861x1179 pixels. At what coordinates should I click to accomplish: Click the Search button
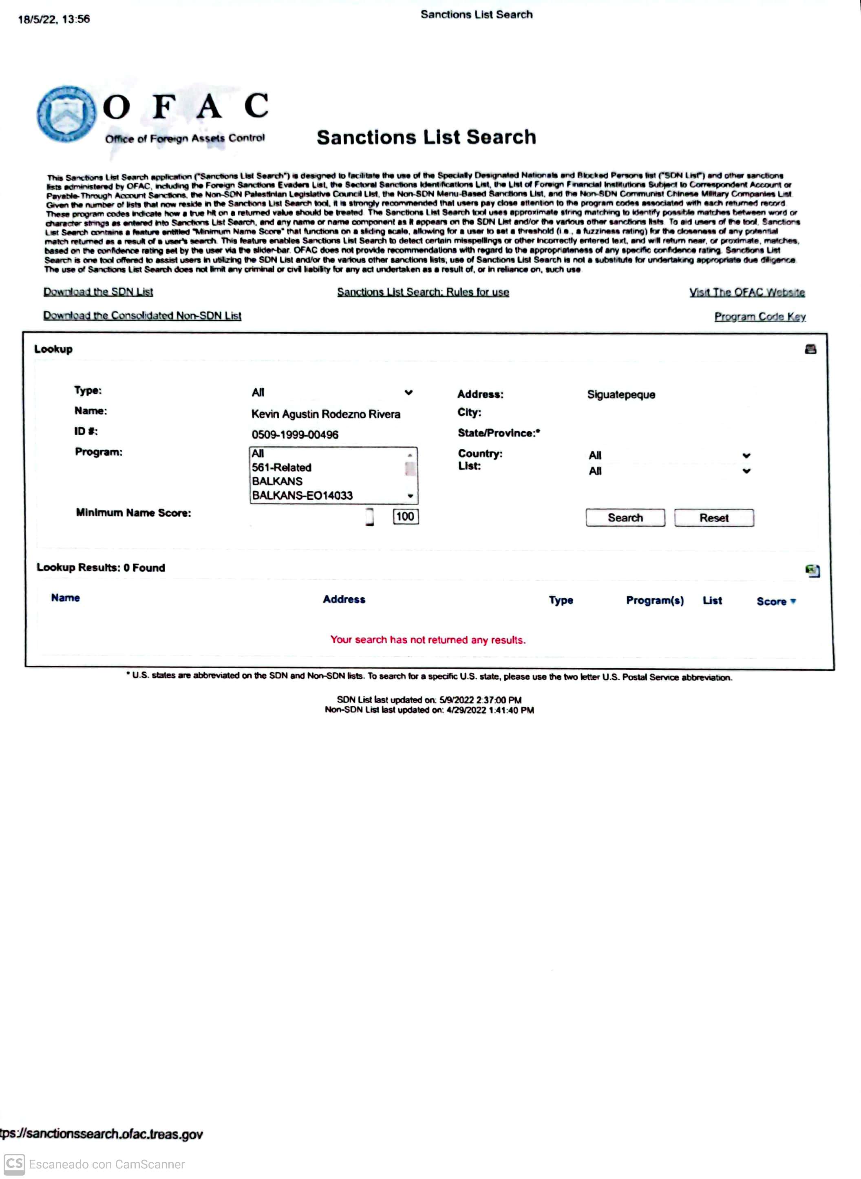click(x=625, y=518)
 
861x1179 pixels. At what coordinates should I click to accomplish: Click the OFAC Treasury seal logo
click(x=66, y=114)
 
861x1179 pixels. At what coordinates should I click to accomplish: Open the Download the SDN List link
click(x=98, y=292)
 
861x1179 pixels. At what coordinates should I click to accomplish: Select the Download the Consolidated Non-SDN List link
click(x=142, y=316)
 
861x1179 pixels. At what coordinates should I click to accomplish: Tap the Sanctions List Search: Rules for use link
click(x=423, y=292)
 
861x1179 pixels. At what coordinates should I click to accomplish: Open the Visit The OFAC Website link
click(x=747, y=293)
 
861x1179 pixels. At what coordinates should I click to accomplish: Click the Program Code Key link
click(x=760, y=317)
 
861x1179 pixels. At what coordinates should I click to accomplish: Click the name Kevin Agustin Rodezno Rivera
click(x=326, y=414)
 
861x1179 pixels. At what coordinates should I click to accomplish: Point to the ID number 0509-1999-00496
click(x=295, y=434)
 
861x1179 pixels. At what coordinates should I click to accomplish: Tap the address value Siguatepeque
click(x=621, y=395)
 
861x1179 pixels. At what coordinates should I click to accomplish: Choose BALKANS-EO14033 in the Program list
click(x=302, y=495)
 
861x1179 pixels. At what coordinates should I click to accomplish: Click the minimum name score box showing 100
click(x=406, y=517)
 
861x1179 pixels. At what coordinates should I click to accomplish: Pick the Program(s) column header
click(x=655, y=601)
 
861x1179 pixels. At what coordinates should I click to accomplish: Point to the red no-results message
click(x=428, y=640)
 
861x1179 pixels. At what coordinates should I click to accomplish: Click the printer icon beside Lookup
click(x=810, y=349)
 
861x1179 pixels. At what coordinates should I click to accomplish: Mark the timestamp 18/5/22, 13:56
click(x=54, y=19)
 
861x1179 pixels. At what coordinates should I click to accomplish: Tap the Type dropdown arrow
click(x=408, y=392)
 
